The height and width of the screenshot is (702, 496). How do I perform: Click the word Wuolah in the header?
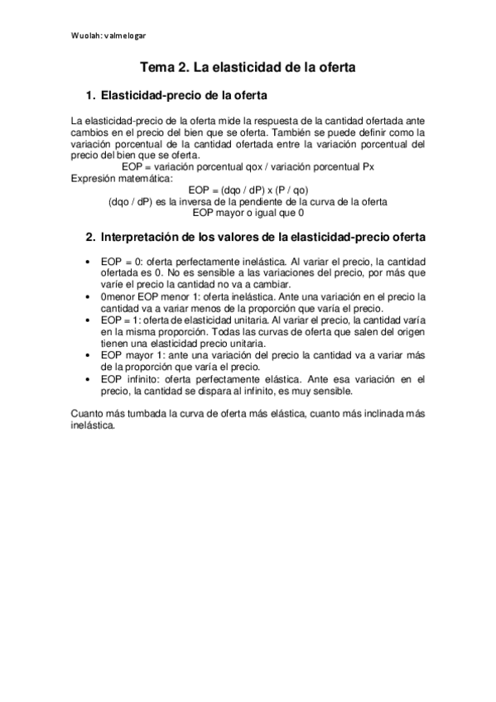84,36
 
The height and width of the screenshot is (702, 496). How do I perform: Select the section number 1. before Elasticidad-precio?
92,95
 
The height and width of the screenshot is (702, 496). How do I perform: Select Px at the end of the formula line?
368,166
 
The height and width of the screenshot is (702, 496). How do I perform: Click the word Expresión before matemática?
94,177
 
